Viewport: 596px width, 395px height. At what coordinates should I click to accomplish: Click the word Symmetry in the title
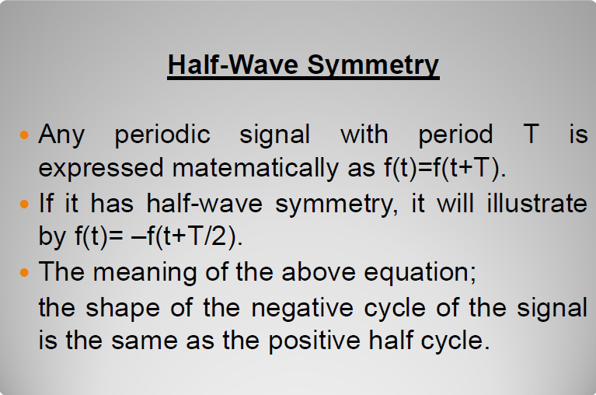pos(373,66)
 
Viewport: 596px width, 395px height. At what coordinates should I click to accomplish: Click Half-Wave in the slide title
pos(233,65)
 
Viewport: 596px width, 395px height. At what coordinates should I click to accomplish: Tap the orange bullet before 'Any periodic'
pos(24,135)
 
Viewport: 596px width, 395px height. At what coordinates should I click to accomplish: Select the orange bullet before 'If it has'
pos(24,204)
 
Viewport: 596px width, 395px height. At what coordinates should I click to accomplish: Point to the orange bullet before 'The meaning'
pos(24,272)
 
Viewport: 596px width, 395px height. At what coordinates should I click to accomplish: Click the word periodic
pos(162,135)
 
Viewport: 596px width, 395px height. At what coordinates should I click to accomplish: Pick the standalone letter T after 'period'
pos(531,134)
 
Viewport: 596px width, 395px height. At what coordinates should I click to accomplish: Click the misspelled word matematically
pos(256,168)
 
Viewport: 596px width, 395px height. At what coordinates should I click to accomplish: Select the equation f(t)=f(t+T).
pos(445,168)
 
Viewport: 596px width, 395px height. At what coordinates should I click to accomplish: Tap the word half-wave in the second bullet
pos(204,203)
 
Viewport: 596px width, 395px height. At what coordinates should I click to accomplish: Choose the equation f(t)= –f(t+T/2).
pos(159,236)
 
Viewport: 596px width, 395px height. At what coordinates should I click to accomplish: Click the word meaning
pos(145,272)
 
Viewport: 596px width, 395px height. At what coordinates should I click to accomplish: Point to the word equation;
pos(420,273)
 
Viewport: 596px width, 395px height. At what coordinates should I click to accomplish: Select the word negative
pos(302,308)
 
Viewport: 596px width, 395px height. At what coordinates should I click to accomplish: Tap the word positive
pos(315,341)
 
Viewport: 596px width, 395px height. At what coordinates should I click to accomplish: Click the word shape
pos(123,308)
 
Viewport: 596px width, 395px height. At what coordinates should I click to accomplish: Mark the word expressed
pos(101,169)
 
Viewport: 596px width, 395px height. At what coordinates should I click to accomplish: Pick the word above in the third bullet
pos(319,272)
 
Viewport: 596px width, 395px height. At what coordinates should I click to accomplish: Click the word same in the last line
pos(145,341)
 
